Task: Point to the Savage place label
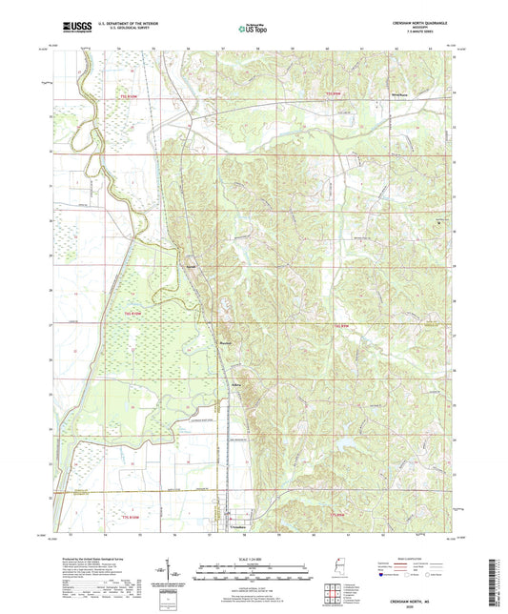pos(192,266)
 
